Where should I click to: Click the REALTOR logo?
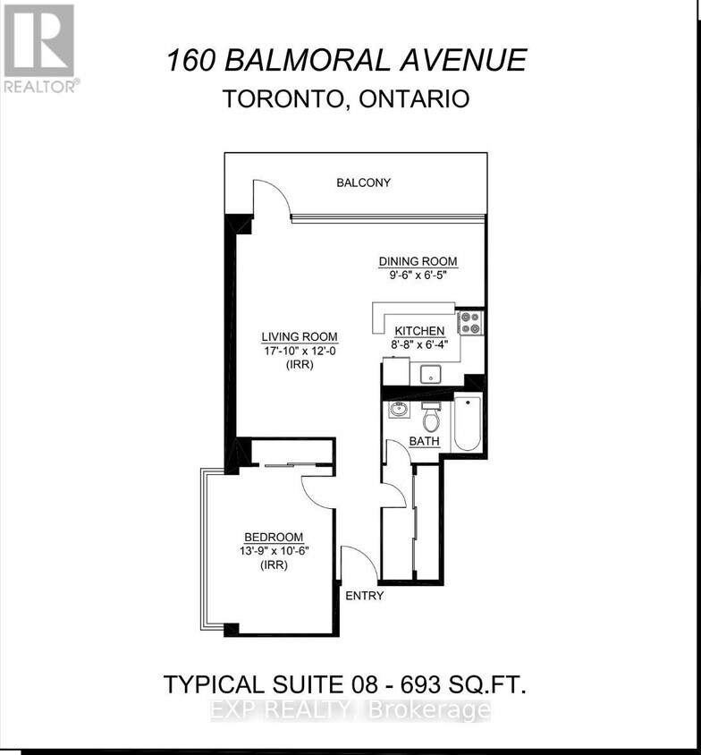click(x=40, y=47)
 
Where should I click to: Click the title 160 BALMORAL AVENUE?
click(x=346, y=60)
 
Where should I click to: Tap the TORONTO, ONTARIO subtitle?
click(x=346, y=98)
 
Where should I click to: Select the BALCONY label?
click(x=363, y=182)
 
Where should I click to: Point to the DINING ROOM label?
click(x=418, y=261)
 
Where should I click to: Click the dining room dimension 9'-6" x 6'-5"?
click(x=418, y=276)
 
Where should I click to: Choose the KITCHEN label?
click(x=420, y=331)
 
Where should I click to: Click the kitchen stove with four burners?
click(x=470, y=322)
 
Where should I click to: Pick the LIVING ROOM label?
click(x=287, y=336)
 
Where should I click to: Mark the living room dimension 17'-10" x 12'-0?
click(x=287, y=351)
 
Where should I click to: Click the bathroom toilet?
click(x=430, y=418)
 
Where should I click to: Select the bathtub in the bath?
click(x=468, y=425)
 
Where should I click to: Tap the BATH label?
click(x=424, y=442)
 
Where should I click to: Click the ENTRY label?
click(x=364, y=596)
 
